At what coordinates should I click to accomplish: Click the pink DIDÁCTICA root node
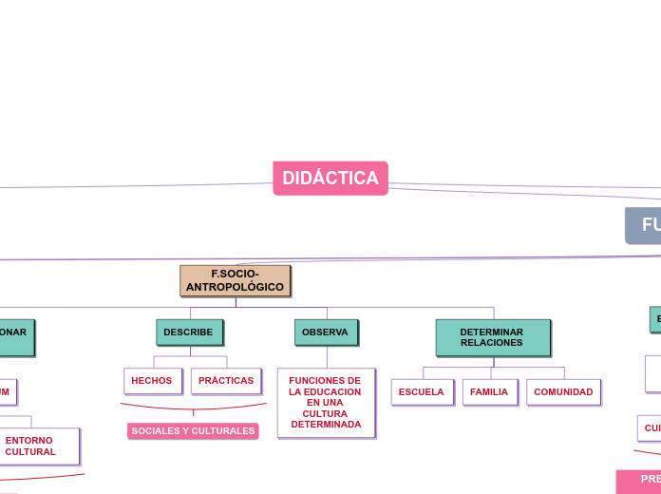coord(330,178)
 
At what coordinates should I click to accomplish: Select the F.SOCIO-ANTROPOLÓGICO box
coord(235,280)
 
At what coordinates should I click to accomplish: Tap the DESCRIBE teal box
coord(189,332)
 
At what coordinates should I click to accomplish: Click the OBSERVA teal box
coord(326,332)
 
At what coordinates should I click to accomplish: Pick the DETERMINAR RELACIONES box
coord(492,337)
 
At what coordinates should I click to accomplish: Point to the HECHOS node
coord(152,380)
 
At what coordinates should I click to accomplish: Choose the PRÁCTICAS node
coord(226,380)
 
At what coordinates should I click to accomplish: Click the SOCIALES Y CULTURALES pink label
coord(193,430)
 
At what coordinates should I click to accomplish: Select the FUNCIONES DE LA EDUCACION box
coord(326,402)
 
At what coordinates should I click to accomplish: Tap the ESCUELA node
coord(422,391)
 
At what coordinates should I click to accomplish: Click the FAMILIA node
coord(489,391)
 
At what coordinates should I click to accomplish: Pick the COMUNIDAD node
coord(563,391)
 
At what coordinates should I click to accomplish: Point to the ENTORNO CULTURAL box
coord(31,446)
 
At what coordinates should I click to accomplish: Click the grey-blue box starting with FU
coord(644,225)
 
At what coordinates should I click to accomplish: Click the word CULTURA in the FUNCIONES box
coord(326,413)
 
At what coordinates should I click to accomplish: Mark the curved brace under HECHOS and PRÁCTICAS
coord(193,408)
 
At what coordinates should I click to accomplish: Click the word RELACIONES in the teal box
coord(492,343)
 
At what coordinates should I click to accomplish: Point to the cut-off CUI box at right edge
coord(650,427)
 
